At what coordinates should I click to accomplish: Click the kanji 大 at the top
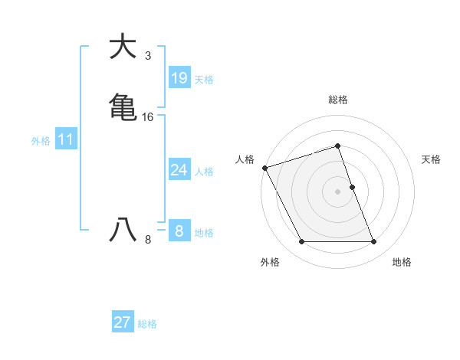pyautogui.click(x=123, y=47)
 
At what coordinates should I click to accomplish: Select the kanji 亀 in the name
pyautogui.click(x=123, y=106)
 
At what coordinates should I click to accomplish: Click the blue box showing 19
pyautogui.click(x=179, y=78)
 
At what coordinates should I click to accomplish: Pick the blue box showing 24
pyautogui.click(x=179, y=170)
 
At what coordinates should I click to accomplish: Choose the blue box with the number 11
pyautogui.click(x=65, y=140)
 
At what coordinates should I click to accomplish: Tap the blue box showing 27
pyautogui.click(x=122, y=322)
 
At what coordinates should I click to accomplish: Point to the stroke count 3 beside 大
pyautogui.click(x=147, y=56)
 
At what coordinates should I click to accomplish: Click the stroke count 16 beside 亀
pyautogui.click(x=147, y=117)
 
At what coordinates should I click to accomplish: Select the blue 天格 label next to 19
pyautogui.click(x=203, y=80)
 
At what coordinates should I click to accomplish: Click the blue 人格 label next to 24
pyautogui.click(x=204, y=172)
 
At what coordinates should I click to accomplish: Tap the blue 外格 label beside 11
pyautogui.click(x=41, y=141)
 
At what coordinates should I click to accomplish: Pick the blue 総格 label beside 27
pyautogui.click(x=147, y=324)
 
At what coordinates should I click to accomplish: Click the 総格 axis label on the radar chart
pyautogui.click(x=337, y=100)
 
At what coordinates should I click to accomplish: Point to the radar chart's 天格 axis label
pyautogui.click(x=431, y=159)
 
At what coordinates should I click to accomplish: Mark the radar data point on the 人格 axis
pyautogui.click(x=264, y=167)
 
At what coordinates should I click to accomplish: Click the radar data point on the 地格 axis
pyautogui.click(x=374, y=242)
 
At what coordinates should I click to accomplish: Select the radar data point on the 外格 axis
pyautogui.click(x=301, y=242)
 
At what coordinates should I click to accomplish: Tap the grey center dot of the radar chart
pyautogui.click(x=337, y=191)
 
